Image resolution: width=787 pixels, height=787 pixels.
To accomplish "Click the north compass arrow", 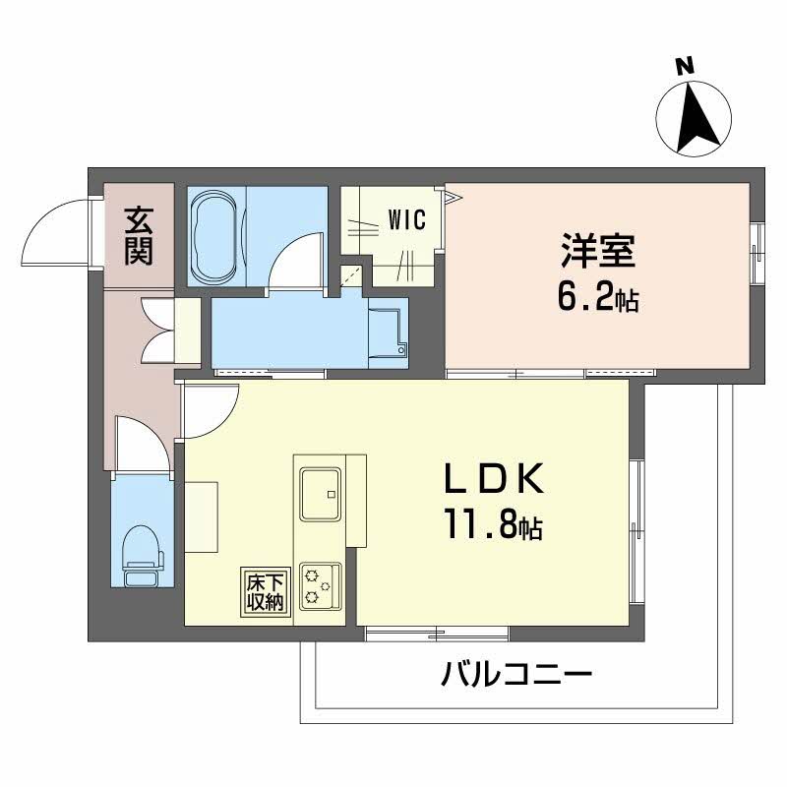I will (x=695, y=117).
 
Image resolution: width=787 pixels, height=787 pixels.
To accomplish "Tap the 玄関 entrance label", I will (x=139, y=237).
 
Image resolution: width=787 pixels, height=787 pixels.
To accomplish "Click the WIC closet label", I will (x=406, y=219).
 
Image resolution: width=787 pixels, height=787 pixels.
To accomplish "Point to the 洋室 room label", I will (x=598, y=251).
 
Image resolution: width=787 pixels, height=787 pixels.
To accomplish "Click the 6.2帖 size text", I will (x=598, y=297).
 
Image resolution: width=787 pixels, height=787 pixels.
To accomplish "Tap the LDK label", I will (x=493, y=481).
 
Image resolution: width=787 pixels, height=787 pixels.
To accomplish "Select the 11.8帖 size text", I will (x=493, y=526).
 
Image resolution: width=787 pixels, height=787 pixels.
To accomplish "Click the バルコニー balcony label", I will (x=516, y=676).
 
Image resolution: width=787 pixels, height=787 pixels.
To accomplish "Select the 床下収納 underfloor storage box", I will (x=266, y=591).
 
